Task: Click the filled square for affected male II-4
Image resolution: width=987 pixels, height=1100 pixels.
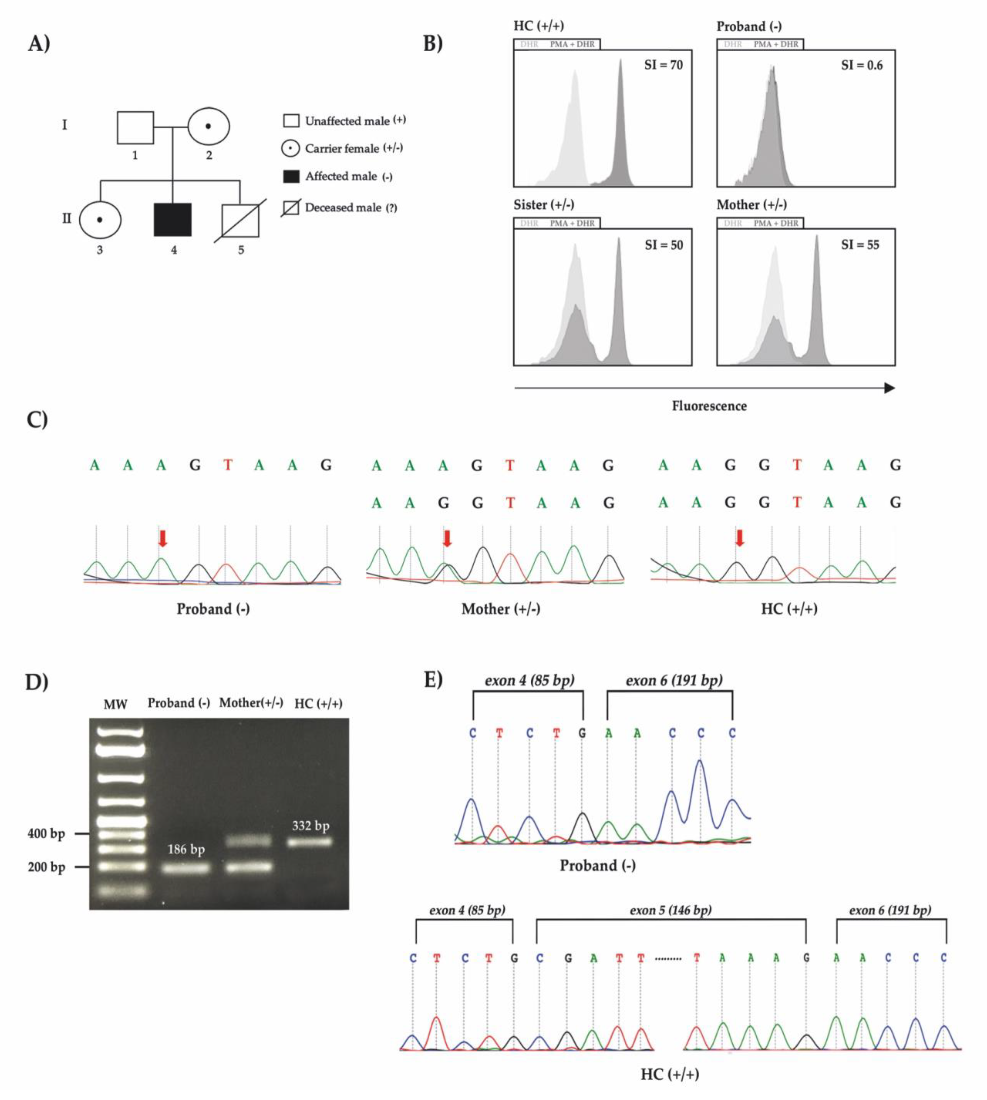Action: [172, 219]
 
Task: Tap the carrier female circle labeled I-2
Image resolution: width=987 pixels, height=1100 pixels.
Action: [208, 126]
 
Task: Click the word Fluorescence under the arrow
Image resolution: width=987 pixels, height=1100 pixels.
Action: [709, 406]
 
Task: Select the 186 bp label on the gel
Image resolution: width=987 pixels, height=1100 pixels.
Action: [186, 849]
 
